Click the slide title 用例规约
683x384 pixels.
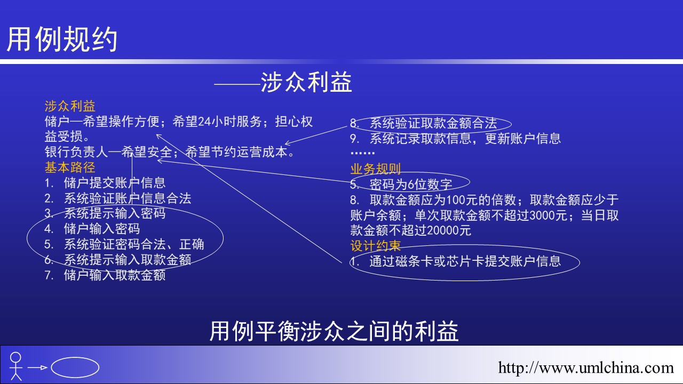pyautogui.click(x=62, y=39)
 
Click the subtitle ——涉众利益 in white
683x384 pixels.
pyautogui.click(x=283, y=82)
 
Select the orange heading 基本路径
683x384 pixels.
pyautogui.click(x=70, y=167)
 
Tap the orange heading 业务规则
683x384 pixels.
pyautogui.click(x=375, y=169)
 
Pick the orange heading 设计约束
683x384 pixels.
pyautogui.click(x=375, y=246)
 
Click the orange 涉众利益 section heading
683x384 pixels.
pyautogui.click(x=70, y=106)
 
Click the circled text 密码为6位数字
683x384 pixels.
pyautogui.click(x=410, y=184)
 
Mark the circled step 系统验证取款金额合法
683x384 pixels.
pyautogui.click(x=433, y=123)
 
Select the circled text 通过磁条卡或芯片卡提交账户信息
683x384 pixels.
pyautogui.click(x=465, y=261)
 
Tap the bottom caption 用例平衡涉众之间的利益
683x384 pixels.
pyautogui.click(x=334, y=331)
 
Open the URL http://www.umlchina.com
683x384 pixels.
pyautogui.click(x=586, y=367)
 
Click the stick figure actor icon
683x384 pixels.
pyautogui.click(x=16, y=366)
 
